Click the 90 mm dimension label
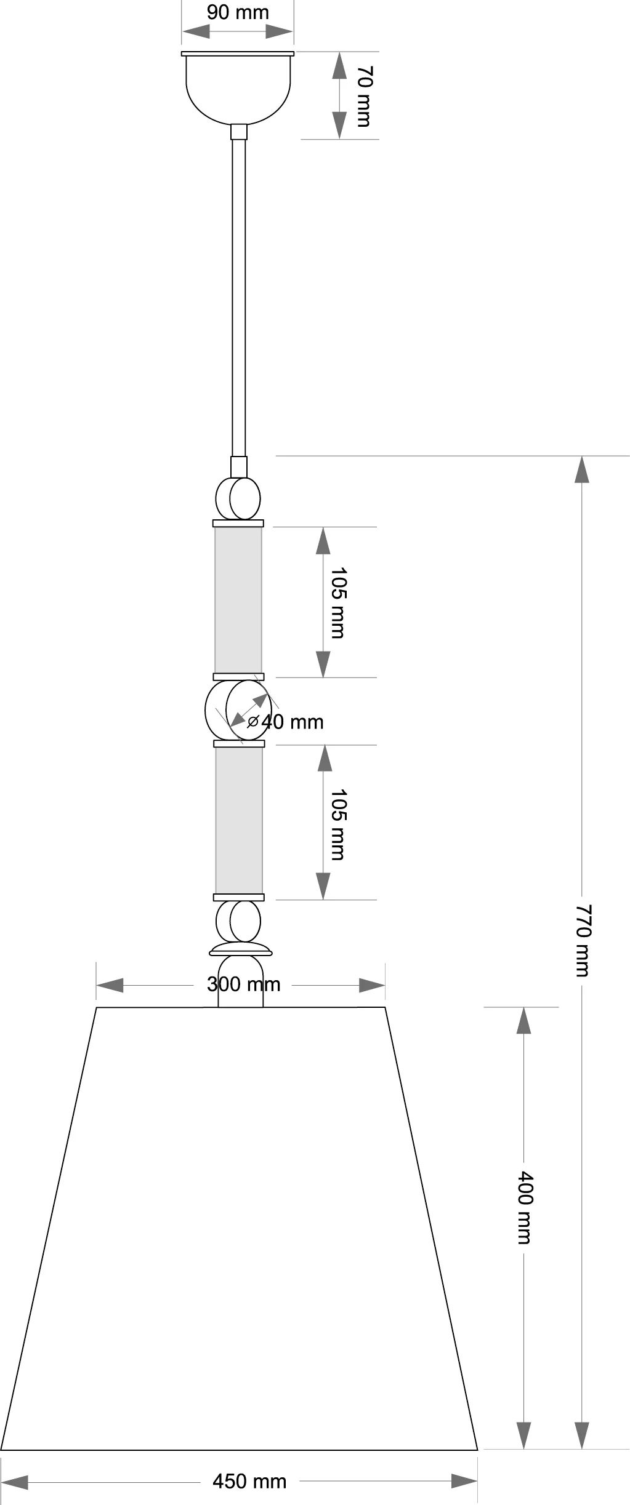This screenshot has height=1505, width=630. [x=238, y=12]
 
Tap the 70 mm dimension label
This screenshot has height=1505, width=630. [x=364, y=96]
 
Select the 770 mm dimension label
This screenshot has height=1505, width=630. [x=582, y=940]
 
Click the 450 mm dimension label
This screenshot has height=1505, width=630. [x=249, y=1481]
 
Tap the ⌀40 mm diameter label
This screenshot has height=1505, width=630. [x=285, y=721]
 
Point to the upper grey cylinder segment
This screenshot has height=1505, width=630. [x=238, y=600]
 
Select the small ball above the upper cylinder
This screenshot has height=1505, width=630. [x=238, y=498]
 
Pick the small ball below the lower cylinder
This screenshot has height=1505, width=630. [x=238, y=922]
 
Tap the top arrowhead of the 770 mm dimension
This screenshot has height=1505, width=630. [x=582, y=469]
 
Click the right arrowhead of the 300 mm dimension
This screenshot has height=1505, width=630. [x=372, y=985]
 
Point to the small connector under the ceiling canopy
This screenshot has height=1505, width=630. [x=238, y=132]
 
